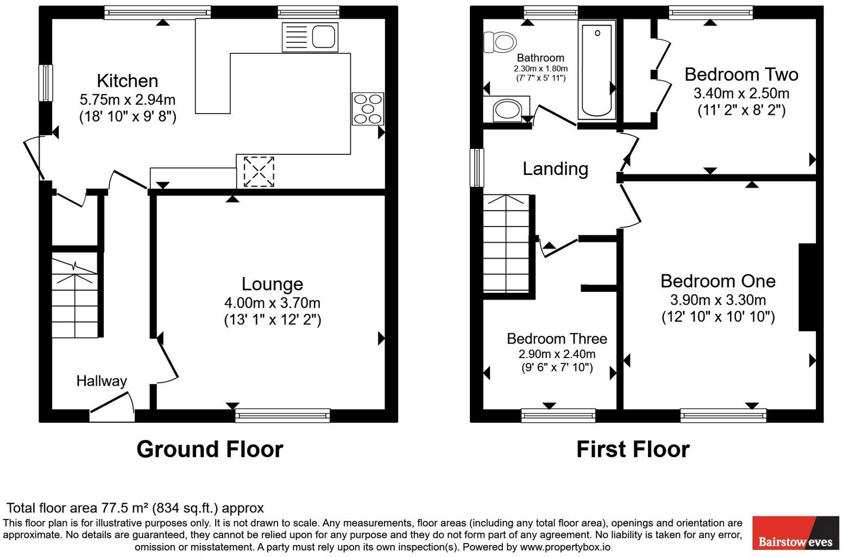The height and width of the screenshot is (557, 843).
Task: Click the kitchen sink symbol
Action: [310, 37]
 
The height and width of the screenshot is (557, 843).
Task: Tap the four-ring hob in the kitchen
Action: [368, 109]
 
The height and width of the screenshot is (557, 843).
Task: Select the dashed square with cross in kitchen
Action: [259, 172]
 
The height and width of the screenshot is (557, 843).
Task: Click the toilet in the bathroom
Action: [499, 42]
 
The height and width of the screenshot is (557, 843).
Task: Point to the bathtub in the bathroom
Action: [596, 70]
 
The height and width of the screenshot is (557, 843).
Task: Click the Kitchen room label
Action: [127, 81]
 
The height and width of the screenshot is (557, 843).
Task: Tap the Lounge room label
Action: [272, 284]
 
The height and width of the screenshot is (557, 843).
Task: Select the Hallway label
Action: [101, 381]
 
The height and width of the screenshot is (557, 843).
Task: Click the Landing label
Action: [555, 168]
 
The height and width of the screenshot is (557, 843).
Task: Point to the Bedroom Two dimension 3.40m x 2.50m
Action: [741, 93]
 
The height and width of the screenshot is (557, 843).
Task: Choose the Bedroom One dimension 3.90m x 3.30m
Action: [718, 300]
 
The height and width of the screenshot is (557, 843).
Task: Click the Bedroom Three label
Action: [557, 339]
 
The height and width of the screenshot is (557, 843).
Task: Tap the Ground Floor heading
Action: [210, 449]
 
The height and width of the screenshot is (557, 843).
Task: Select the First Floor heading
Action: [632, 449]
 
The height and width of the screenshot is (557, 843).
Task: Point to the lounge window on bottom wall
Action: [282, 416]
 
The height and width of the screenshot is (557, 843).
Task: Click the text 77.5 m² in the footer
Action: [125, 508]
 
